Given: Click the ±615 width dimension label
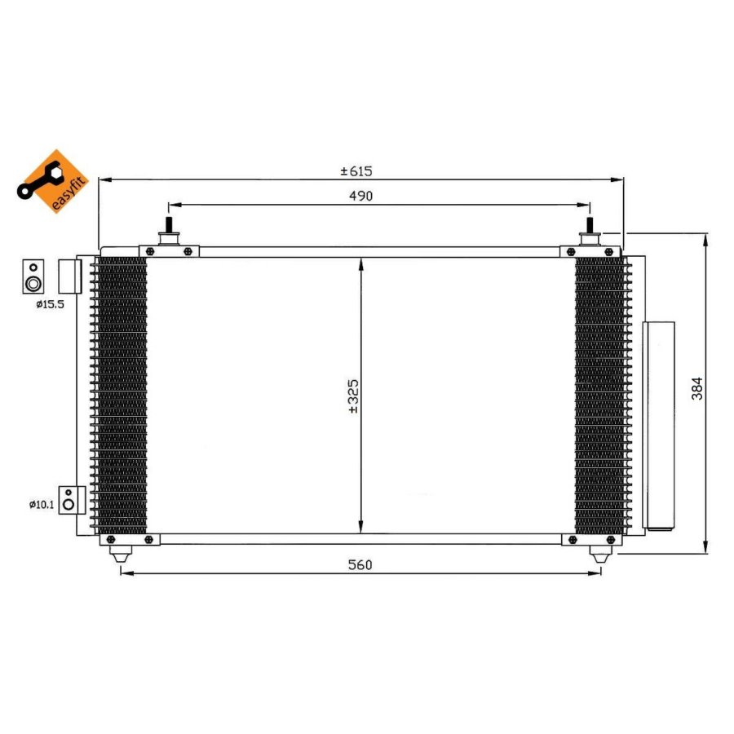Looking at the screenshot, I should tap(356, 171).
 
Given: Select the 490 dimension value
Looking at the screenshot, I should tap(361, 196).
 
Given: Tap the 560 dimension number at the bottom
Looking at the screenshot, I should tap(360, 565).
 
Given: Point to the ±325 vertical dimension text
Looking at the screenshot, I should tap(353, 396).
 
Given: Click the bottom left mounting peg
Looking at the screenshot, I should tap(120, 554).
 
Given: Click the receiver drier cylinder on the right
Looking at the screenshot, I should tap(658, 425).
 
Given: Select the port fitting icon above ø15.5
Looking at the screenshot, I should tap(33, 276).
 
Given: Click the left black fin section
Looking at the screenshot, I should tap(122, 395).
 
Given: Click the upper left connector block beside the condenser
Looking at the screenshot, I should tap(69, 276).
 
